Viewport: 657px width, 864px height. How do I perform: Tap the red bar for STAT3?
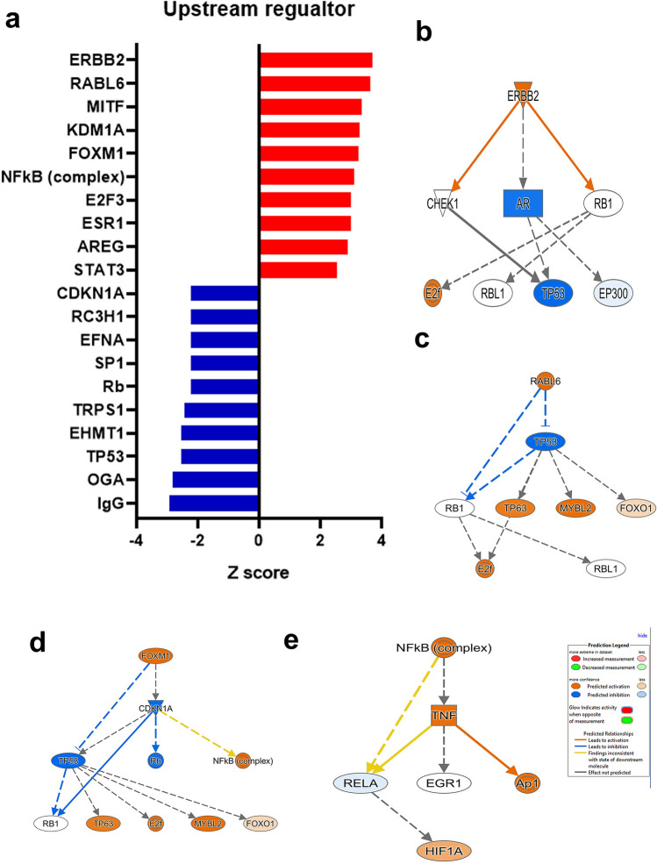pos(297,269)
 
